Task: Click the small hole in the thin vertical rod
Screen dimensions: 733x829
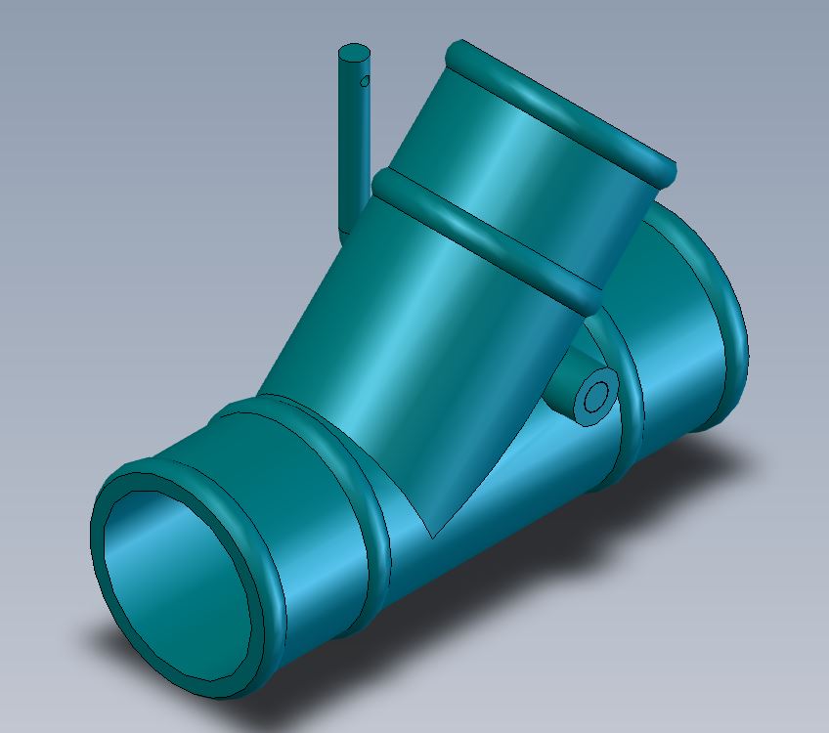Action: pyautogui.click(x=366, y=81)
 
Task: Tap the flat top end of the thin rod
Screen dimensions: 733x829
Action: pyautogui.click(x=353, y=52)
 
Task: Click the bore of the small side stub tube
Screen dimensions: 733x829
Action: pyautogui.click(x=594, y=398)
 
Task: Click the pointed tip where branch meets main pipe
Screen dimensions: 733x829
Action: pyautogui.click(x=431, y=537)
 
